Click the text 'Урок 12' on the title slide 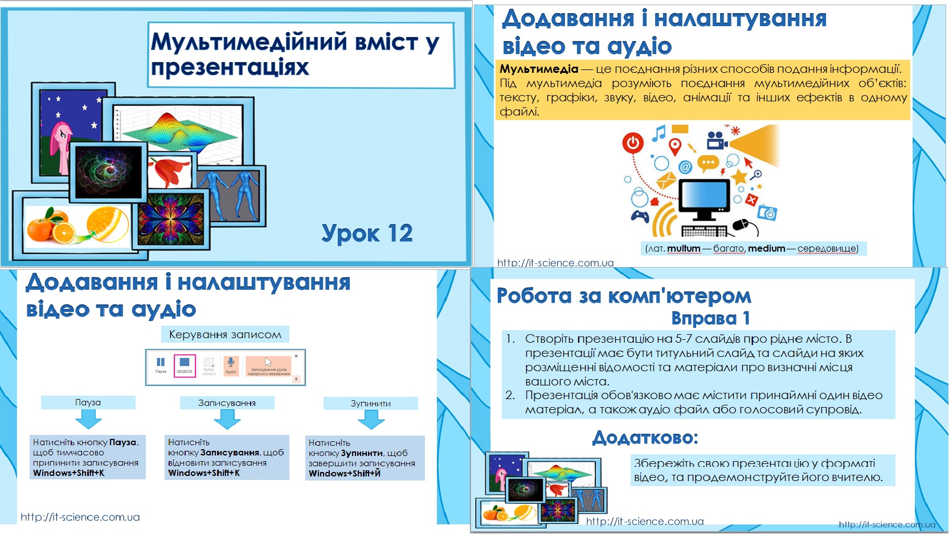pyautogui.click(x=367, y=233)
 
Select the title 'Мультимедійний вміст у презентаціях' pyautogui.click(x=294, y=54)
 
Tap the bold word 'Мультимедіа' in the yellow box pyautogui.click(x=538, y=69)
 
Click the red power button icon pyautogui.click(x=633, y=143)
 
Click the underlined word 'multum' pyautogui.click(x=684, y=248)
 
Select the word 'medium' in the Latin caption pyautogui.click(x=766, y=248)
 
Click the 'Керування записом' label pyautogui.click(x=225, y=334)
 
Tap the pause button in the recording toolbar pyautogui.click(x=161, y=364)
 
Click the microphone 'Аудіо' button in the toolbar pyautogui.click(x=231, y=365)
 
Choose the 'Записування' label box pyautogui.click(x=227, y=403)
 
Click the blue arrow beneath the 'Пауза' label pyautogui.click(x=88, y=420)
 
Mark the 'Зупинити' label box pyautogui.click(x=370, y=404)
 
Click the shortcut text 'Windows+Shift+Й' pyautogui.click(x=344, y=474)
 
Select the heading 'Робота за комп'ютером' pyautogui.click(x=624, y=296)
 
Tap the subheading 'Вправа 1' pyautogui.click(x=710, y=318)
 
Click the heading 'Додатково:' pyautogui.click(x=645, y=437)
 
